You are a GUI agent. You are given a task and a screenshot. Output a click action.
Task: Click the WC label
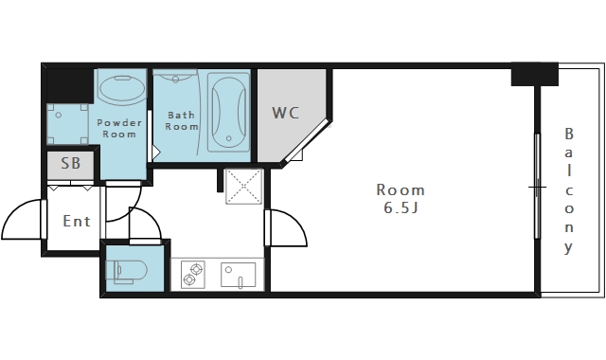point(286,113)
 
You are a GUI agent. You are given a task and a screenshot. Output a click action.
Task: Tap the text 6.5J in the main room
point(401,208)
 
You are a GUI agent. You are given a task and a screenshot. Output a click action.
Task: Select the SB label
point(71,163)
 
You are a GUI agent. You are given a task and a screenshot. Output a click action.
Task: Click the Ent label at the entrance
point(77,221)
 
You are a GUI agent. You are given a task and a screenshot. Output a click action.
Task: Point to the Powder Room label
point(119,129)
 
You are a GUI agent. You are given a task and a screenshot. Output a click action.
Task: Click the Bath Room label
point(182,120)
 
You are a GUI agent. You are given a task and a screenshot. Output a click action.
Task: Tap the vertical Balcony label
point(568,190)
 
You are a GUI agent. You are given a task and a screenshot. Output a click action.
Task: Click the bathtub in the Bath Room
point(228,112)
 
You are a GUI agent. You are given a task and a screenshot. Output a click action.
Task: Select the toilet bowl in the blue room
point(126,269)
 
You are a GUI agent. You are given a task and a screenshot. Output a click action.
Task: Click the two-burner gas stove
point(193,274)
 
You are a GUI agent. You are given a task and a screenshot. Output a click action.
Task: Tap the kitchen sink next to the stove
point(238,276)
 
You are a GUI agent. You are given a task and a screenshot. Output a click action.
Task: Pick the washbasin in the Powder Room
point(122,87)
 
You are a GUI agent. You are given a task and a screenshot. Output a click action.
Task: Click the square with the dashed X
point(244,186)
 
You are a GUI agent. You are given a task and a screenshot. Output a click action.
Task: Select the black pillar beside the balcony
point(535,74)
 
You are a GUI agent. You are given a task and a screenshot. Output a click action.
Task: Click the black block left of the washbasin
point(70,85)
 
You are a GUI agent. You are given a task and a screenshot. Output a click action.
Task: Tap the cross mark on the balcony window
point(537,188)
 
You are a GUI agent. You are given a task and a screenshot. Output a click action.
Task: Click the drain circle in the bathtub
point(229,138)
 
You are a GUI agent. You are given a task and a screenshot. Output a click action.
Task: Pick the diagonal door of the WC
point(307,142)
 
